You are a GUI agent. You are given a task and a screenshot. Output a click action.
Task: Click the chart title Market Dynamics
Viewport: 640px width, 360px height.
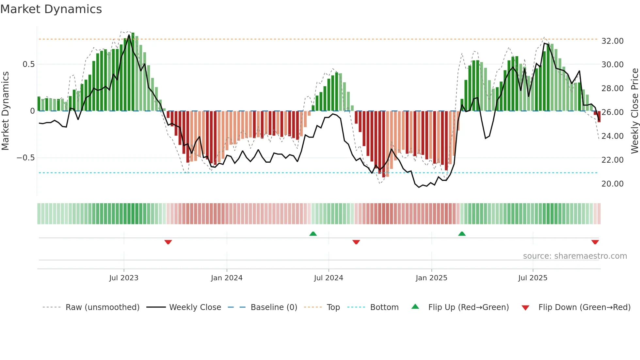(x=51, y=9)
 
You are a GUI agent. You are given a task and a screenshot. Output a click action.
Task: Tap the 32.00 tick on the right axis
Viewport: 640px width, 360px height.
(x=612, y=41)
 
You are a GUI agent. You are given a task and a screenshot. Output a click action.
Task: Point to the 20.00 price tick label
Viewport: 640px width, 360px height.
(x=612, y=184)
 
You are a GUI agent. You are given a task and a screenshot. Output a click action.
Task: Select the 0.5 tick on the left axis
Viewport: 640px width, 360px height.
(x=28, y=64)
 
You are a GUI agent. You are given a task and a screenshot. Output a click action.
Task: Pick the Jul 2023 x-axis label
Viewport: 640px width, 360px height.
(x=124, y=278)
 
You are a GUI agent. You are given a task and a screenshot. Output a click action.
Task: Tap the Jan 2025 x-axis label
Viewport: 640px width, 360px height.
(x=431, y=278)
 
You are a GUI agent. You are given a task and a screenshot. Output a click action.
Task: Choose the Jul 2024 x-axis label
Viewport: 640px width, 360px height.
(x=328, y=278)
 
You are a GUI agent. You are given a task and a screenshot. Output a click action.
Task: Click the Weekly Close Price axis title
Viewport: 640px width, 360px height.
(x=634, y=111)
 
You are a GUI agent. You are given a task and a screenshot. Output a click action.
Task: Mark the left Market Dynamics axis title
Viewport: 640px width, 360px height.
(x=5, y=111)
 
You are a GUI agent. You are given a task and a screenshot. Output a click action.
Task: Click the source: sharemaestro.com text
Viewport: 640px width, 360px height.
(x=575, y=256)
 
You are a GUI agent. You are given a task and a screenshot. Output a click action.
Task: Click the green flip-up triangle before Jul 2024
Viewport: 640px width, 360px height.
(x=313, y=234)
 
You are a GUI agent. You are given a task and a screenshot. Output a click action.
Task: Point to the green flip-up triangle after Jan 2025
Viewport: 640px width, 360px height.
(x=462, y=234)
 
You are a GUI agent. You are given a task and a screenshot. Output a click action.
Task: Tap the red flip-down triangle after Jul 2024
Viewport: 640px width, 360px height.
(x=356, y=242)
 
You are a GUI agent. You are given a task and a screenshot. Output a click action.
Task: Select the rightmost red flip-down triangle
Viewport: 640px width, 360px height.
(x=595, y=242)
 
